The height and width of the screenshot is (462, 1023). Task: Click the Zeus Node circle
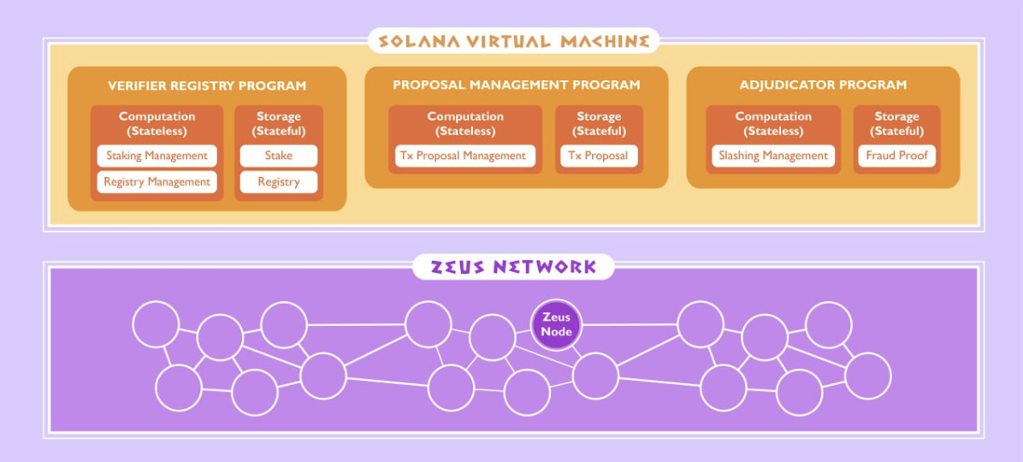tap(556, 324)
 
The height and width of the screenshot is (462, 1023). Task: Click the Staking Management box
tap(157, 156)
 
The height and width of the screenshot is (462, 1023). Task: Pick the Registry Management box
tap(157, 181)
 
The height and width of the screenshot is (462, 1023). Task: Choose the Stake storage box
tap(278, 156)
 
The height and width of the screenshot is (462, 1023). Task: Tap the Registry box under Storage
tap(278, 181)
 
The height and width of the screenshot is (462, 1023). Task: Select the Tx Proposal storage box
tap(599, 156)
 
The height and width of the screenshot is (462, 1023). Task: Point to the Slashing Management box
tap(773, 156)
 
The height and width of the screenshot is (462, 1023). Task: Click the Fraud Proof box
tap(896, 156)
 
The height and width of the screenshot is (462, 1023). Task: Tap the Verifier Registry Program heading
tap(207, 86)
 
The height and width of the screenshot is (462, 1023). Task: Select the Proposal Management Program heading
tap(516, 85)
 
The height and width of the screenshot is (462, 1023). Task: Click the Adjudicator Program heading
tap(823, 85)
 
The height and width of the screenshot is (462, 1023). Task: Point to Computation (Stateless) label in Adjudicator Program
tap(773, 123)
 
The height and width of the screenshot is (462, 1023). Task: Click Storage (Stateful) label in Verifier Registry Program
tap(279, 123)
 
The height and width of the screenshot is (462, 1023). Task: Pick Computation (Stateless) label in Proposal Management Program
tap(465, 123)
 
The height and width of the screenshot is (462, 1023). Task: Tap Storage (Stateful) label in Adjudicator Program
tap(896, 123)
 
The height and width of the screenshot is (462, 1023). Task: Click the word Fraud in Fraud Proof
tap(881, 156)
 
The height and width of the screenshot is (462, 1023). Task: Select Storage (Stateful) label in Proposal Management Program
tap(599, 123)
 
